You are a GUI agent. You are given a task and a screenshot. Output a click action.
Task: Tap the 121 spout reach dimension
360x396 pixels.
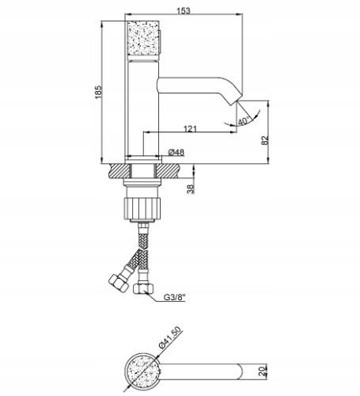(x=191, y=128)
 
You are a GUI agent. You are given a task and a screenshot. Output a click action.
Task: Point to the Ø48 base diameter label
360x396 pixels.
(x=178, y=151)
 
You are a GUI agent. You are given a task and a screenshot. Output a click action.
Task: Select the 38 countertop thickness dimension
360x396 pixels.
(x=190, y=188)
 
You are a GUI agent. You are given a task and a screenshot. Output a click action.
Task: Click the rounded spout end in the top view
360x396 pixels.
(x=240, y=368)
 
